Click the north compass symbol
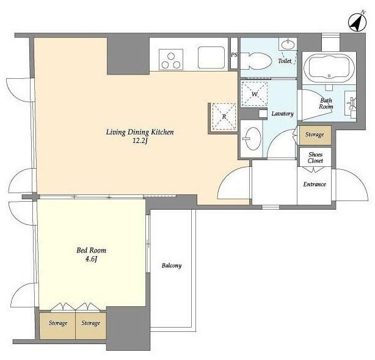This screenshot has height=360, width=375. point(357,23)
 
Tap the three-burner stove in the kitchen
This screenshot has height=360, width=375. point(171,60)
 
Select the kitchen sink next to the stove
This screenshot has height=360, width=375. point(211,57)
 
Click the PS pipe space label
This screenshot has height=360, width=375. point(234,55)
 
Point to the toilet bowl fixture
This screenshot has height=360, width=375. point(256,61)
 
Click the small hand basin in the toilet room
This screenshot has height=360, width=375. point(288,45)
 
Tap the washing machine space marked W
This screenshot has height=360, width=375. point(254,94)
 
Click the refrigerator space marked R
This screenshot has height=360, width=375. point(224,117)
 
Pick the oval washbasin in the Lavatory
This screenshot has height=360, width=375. point(253,139)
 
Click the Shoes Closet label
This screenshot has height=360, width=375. point(315,158)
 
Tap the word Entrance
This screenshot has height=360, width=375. point(315,185)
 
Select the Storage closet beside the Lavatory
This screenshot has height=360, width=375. point(315,135)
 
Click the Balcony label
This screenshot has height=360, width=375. point(172,265)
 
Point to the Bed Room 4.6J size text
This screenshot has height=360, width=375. point(91,259)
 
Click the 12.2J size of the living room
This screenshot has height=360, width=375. point(140,141)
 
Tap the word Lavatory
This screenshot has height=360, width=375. point(282,114)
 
